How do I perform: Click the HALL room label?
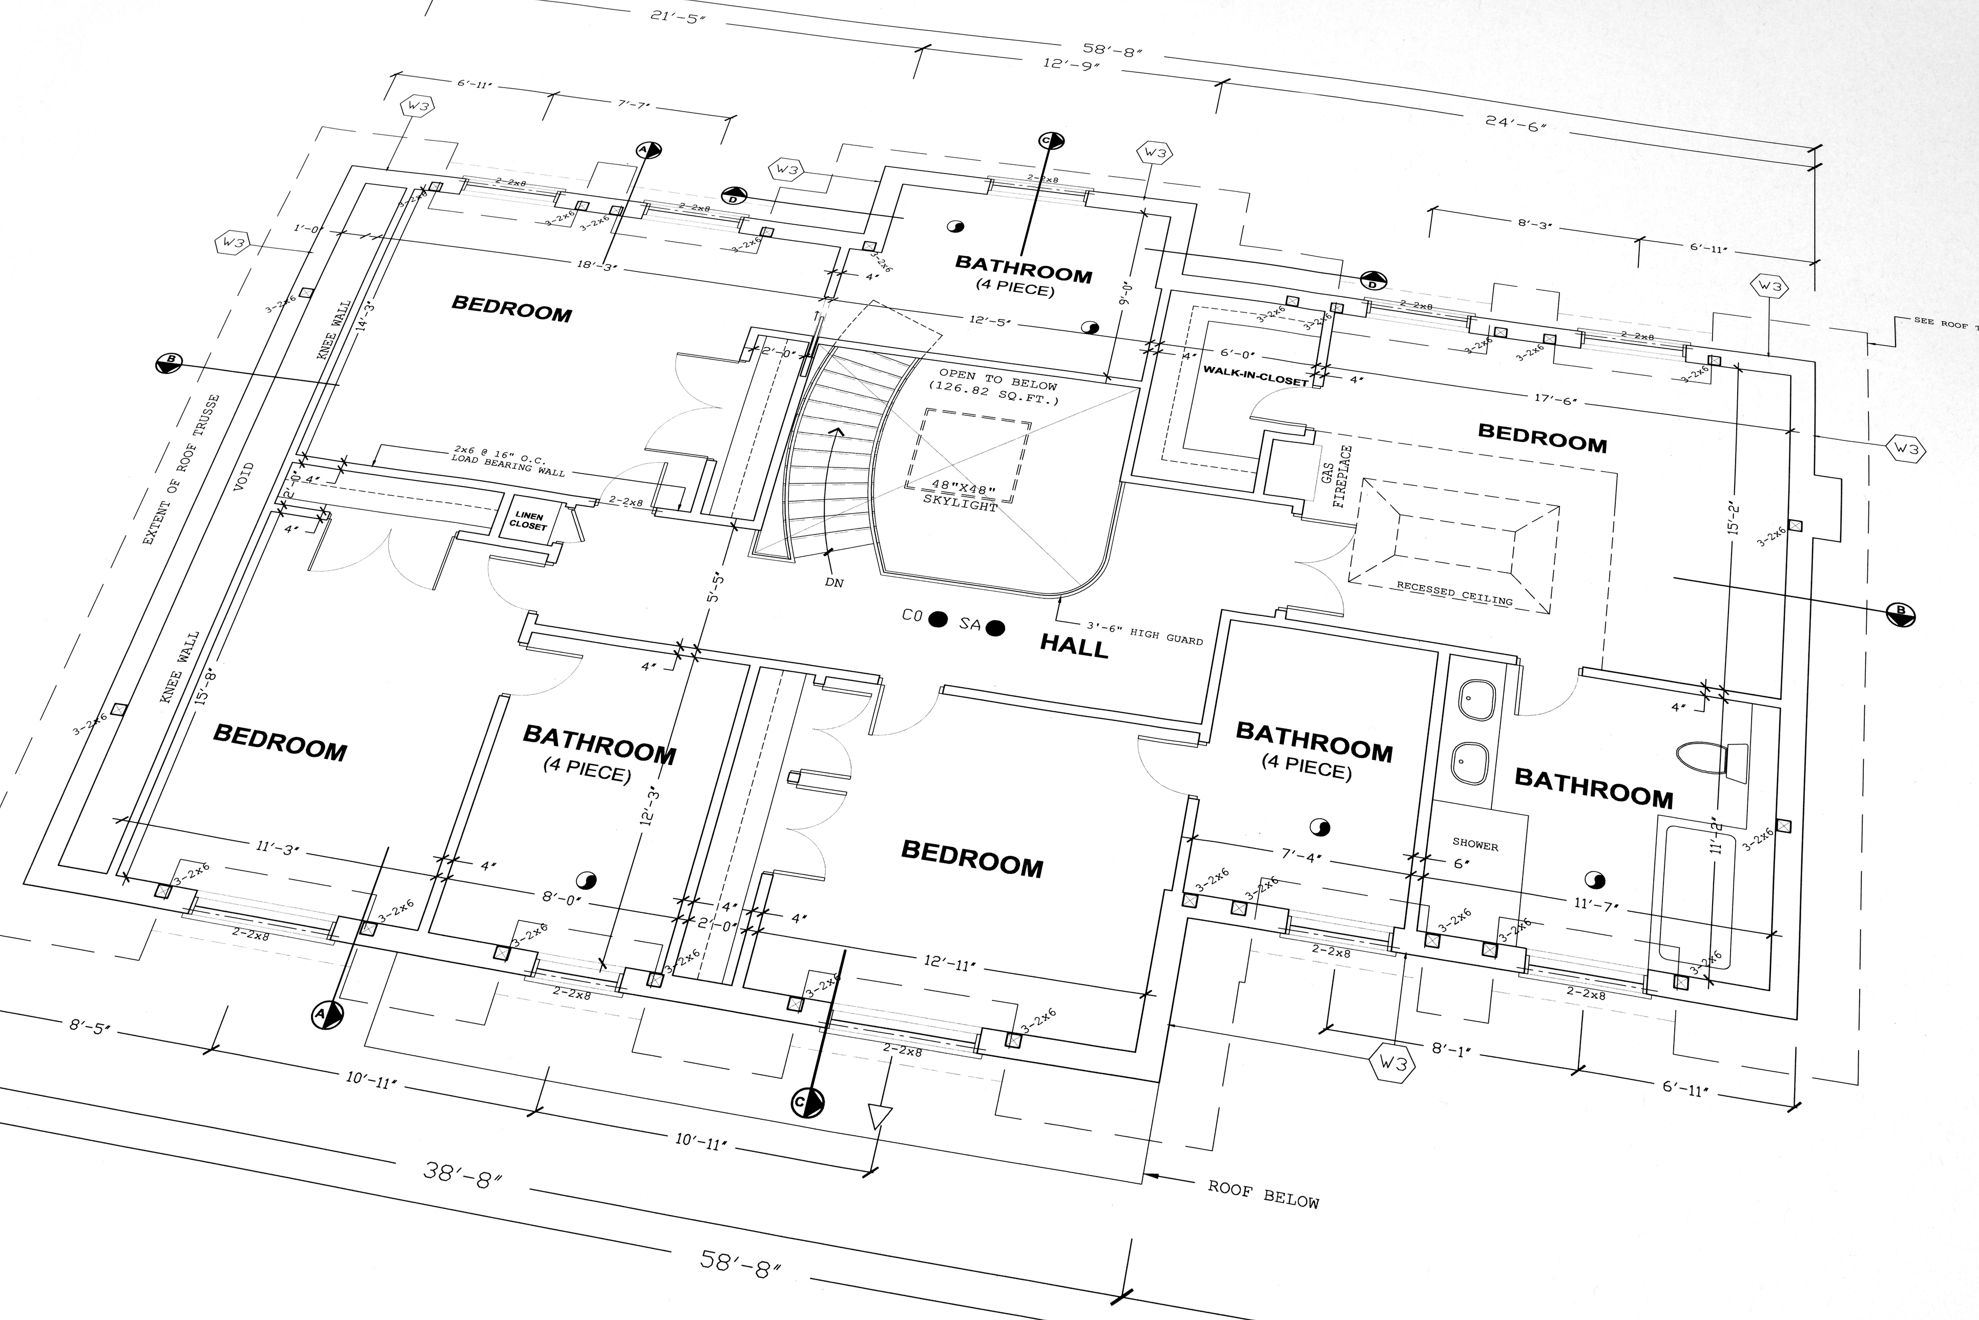(x=1074, y=647)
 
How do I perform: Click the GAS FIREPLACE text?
(x=1336, y=476)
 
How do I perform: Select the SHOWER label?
(x=1474, y=844)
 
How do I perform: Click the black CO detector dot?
(x=938, y=621)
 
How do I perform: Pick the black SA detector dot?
(x=995, y=628)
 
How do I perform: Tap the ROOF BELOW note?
(x=1263, y=1194)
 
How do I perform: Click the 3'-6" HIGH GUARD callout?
(x=1145, y=633)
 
